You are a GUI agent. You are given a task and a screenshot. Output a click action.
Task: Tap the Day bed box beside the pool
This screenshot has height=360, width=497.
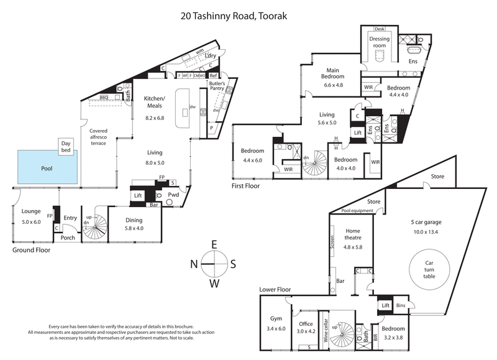[66, 147]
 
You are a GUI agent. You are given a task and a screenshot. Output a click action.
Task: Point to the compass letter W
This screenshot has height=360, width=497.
[213, 284]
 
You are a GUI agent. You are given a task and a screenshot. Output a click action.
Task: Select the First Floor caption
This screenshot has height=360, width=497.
[245, 186]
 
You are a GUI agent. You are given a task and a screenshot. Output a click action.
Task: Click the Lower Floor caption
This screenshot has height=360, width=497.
[275, 290]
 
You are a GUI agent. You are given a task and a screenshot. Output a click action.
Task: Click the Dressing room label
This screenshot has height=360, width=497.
[379, 42]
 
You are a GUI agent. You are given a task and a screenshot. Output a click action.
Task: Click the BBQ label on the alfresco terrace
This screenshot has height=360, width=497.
[104, 98]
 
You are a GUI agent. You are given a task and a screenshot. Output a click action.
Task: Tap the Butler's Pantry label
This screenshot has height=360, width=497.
[217, 86]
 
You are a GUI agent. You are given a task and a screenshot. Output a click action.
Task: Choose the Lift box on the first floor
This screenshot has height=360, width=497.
[357, 132]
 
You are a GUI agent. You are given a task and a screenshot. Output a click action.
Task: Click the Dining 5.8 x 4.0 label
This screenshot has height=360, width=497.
[134, 224]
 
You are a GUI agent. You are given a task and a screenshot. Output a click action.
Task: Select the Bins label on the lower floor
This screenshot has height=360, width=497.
[401, 306]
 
